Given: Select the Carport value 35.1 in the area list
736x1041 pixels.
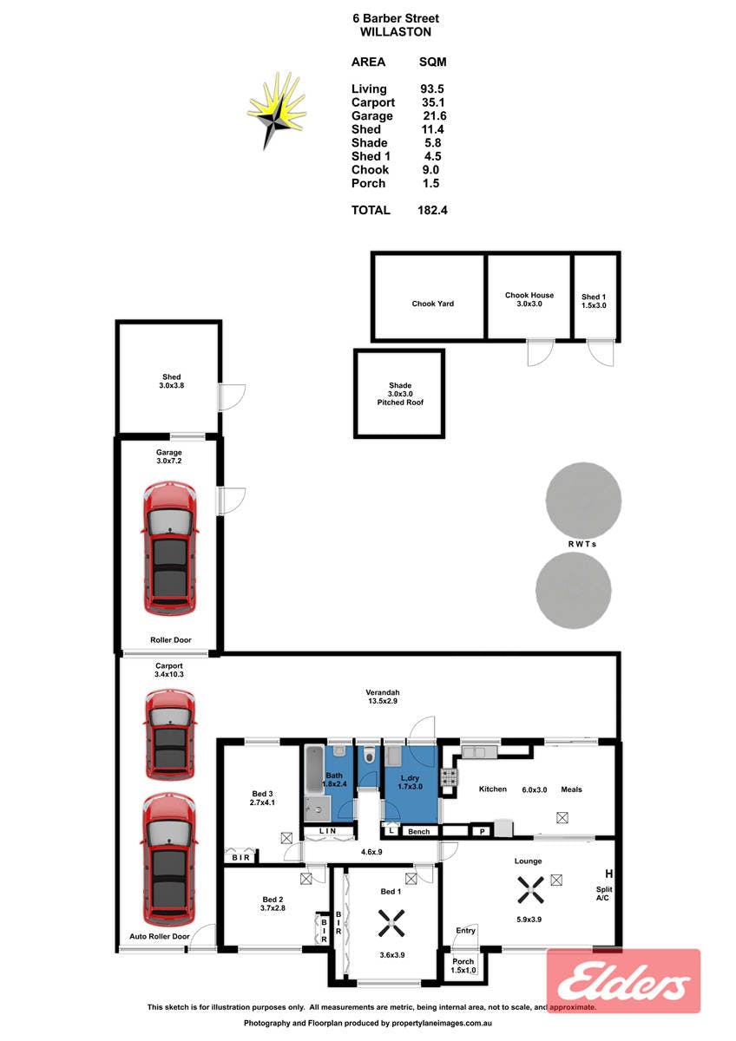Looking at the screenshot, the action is click(432, 102).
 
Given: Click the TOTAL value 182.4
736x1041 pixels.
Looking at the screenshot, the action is click(432, 210).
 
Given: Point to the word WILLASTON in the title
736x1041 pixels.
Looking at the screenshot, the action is click(396, 32).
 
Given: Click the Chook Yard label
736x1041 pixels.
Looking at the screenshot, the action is click(432, 304).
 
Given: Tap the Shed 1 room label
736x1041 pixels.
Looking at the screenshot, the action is click(594, 301).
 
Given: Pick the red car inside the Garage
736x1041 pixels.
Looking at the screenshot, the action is click(170, 548).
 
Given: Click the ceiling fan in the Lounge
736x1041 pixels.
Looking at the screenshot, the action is click(530, 889).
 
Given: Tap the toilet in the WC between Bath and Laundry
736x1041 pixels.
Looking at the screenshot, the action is click(370, 755).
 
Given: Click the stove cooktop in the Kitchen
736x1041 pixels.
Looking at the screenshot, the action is click(450, 776).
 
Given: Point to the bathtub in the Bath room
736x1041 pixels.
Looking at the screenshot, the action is click(314, 769).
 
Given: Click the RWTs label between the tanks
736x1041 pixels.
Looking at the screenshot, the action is click(582, 544).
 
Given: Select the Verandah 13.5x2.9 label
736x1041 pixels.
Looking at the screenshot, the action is click(382, 696).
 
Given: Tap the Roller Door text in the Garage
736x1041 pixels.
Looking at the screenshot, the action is click(171, 640).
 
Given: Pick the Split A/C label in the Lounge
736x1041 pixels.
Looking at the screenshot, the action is click(604, 894).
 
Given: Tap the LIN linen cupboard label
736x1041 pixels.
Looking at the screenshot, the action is click(328, 830).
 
